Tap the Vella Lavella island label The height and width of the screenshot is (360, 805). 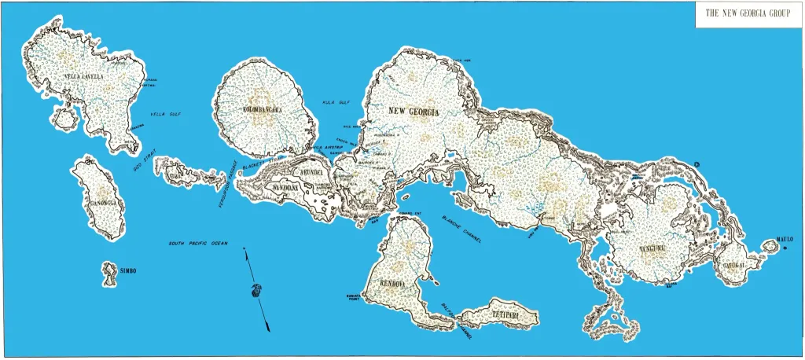(83, 76)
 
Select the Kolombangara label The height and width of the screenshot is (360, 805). (263, 110)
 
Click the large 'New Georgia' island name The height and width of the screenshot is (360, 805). (414, 112)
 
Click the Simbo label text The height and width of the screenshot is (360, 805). (128, 271)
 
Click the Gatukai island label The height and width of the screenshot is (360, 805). (734, 265)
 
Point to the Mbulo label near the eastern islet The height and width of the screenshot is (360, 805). (786, 239)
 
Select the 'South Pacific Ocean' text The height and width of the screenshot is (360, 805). (198, 244)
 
